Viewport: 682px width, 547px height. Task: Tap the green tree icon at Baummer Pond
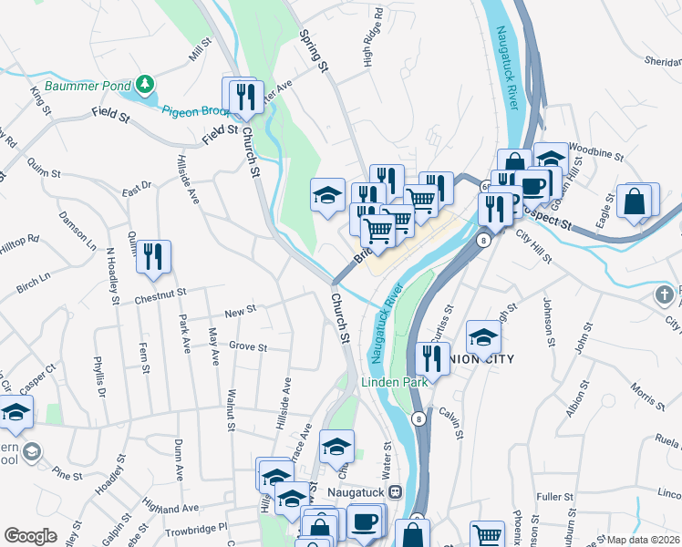(145, 86)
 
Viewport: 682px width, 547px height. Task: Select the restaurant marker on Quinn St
(153, 256)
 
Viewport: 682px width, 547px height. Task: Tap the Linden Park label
(394, 382)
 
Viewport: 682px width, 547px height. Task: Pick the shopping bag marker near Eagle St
(635, 201)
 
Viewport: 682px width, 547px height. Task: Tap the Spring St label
(314, 50)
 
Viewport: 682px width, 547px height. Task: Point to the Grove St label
(248, 346)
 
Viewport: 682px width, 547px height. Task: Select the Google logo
(30, 536)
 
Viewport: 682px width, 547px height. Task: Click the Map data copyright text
(642, 540)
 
